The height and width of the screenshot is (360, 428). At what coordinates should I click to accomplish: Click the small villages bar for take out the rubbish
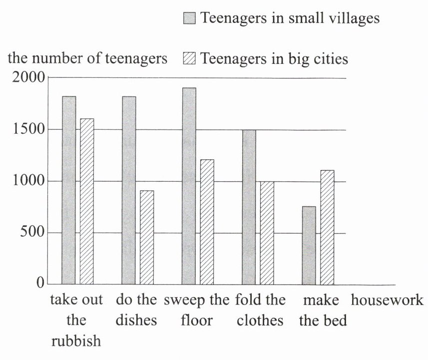click(x=69, y=190)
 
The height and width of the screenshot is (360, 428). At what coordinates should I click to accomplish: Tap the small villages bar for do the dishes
click(x=129, y=190)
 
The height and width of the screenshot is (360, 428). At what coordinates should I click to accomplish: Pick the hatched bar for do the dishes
click(x=147, y=237)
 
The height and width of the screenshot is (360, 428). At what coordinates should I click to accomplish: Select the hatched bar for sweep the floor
click(x=207, y=222)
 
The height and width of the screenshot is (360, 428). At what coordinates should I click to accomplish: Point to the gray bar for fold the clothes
click(x=249, y=207)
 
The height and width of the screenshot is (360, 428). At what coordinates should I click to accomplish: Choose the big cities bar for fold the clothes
click(x=267, y=233)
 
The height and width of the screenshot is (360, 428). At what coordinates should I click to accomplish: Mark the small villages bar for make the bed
click(x=309, y=245)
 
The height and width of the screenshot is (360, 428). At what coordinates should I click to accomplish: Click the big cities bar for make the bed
click(x=327, y=227)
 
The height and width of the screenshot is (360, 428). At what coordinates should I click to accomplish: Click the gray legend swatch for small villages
click(x=190, y=19)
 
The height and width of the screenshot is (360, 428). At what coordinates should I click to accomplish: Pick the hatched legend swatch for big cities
click(x=190, y=59)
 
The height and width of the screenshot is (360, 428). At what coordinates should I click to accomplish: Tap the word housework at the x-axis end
click(x=387, y=301)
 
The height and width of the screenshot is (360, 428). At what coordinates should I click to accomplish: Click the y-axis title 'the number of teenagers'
click(x=88, y=59)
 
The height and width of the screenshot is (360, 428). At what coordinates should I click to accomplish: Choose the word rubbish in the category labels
click(x=76, y=341)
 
